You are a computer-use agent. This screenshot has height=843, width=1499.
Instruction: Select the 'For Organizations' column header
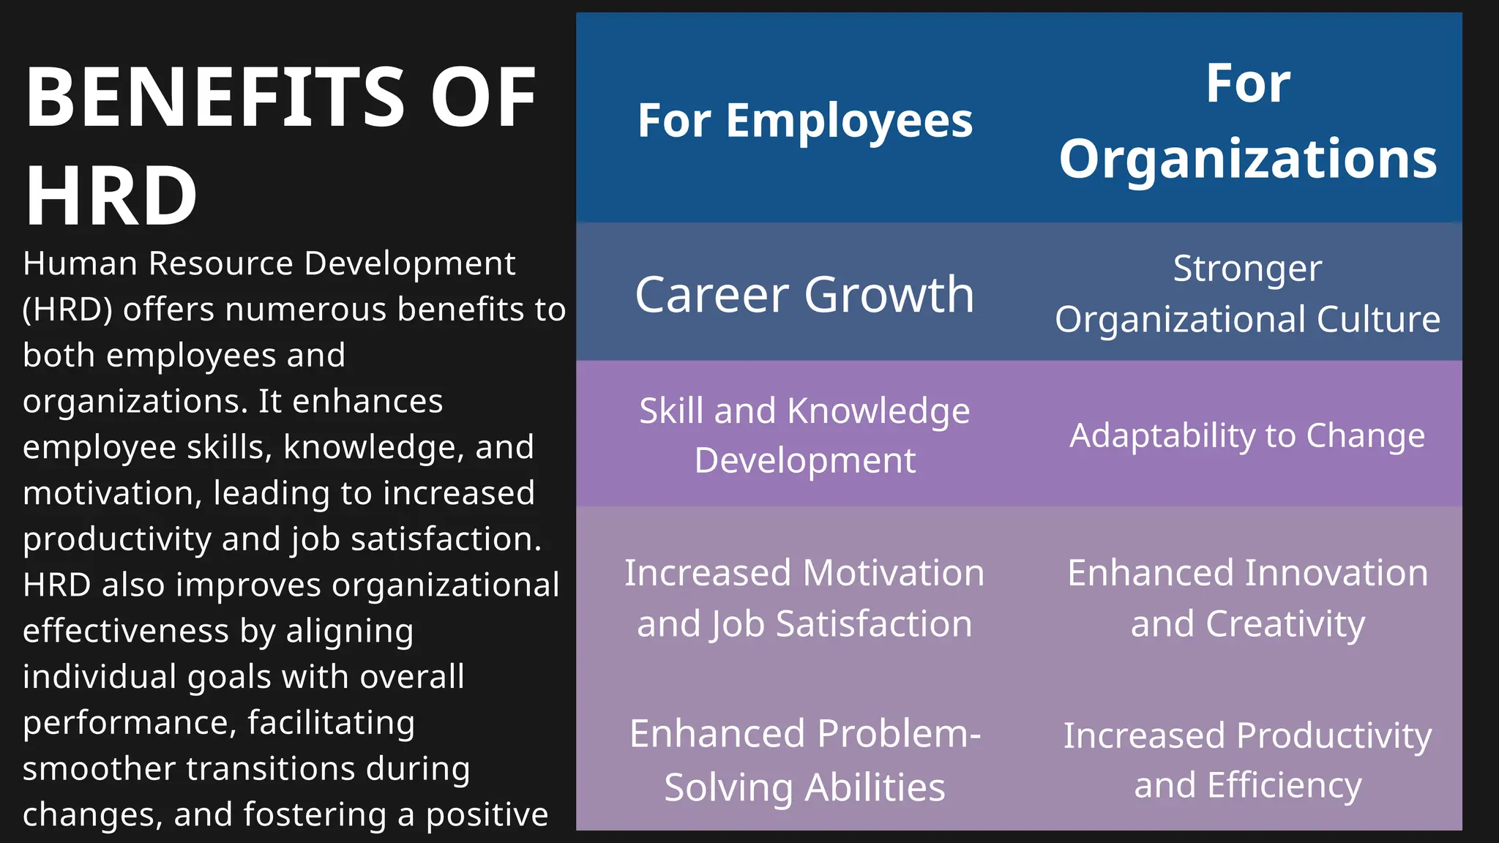click(x=1248, y=121)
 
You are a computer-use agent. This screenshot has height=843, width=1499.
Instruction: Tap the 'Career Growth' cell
click(x=804, y=294)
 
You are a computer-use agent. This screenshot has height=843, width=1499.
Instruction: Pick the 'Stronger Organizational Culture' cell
click(x=1248, y=293)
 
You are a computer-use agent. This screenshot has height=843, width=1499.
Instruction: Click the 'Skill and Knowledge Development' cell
click(x=804, y=435)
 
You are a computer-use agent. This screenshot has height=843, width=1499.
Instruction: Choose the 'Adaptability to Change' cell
click(x=1248, y=435)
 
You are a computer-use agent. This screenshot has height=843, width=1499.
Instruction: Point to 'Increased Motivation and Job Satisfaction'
click(x=804, y=598)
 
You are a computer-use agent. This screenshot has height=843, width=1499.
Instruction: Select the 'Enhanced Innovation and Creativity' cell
click(x=1248, y=598)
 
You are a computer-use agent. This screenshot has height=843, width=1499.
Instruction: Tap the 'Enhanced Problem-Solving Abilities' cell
click(x=804, y=760)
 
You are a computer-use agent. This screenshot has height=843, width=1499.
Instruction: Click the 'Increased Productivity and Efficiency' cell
click(x=1248, y=760)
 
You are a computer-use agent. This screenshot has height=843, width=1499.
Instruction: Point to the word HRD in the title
click(x=111, y=196)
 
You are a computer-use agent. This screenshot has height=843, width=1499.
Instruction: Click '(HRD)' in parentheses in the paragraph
click(x=67, y=310)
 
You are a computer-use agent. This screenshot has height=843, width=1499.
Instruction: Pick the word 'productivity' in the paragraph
click(x=117, y=539)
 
